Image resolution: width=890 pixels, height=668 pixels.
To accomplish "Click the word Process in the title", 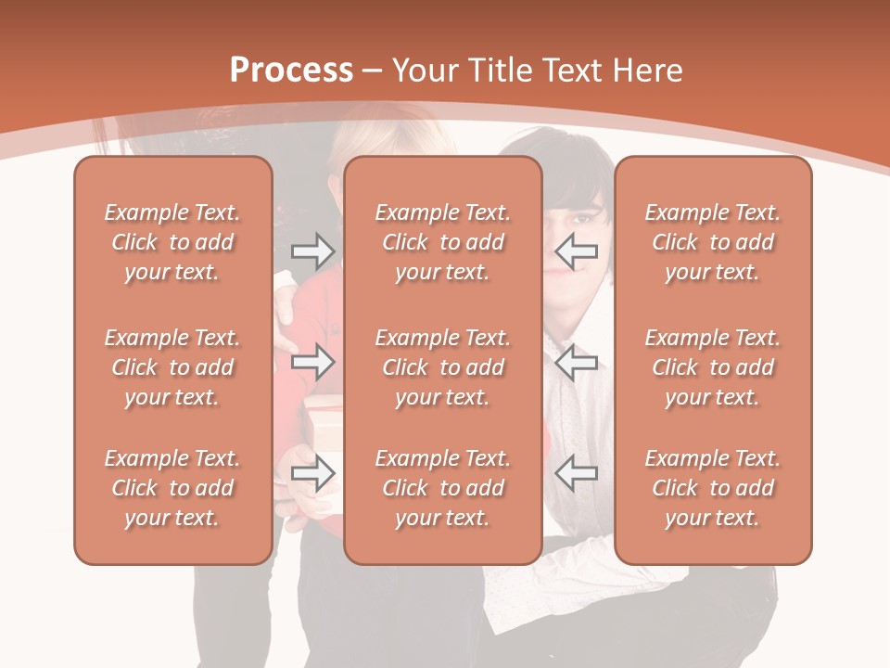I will click(x=291, y=71).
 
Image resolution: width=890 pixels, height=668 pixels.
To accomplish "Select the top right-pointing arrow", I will click(x=312, y=250).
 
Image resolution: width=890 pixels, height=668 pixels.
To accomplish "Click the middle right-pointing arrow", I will click(x=312, y=363).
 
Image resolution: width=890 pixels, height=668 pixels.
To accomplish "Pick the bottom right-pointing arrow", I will click(x=312, y=473).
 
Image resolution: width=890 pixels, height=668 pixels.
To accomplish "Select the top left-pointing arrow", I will click(x=577, y=250).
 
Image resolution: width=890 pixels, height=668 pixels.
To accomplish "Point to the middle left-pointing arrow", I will click(x=577, y=363).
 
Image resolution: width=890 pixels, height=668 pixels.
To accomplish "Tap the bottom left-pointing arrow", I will click(x=577, y=473).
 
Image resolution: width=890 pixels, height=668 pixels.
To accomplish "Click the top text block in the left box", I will click(x=172, y=242).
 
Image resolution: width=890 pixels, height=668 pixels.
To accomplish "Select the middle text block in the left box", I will click(x=172, y=367).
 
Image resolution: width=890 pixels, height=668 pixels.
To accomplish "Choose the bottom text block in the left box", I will click(x=172, y=488).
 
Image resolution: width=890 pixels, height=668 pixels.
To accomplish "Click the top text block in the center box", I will click(x=443, y=242).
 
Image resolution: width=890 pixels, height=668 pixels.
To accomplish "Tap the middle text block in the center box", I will click(x=443, y=367).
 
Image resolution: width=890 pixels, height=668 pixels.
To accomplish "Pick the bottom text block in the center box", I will click(x=443, y=488).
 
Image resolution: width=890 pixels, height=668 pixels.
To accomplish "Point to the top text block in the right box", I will click(x=713, y=242).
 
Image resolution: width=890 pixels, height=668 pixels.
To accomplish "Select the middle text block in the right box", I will click(x=713, y=367).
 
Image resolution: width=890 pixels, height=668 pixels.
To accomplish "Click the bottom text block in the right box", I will click(x=713, y=488).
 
